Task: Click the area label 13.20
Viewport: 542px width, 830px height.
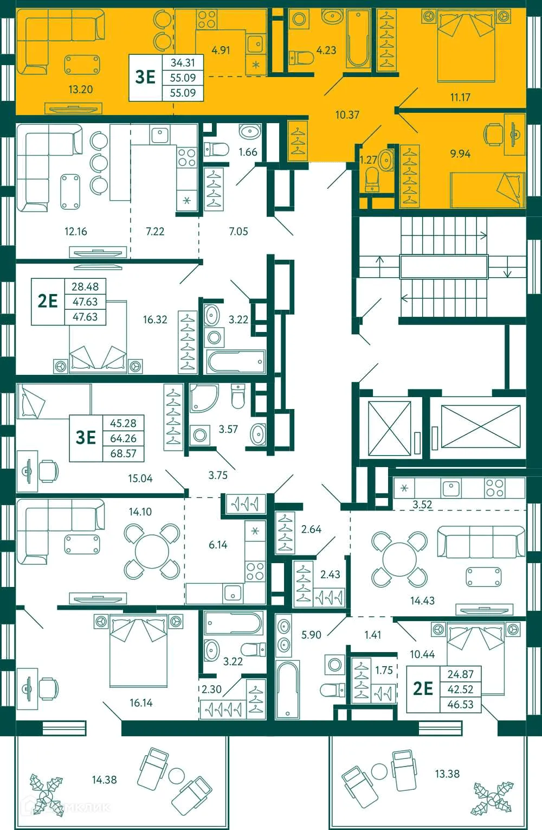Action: [80, 90]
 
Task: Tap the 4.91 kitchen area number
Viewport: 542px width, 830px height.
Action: [221, 50]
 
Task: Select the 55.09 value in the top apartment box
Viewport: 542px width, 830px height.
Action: [183, 78]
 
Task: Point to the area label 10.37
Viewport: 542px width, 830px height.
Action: [347, 114]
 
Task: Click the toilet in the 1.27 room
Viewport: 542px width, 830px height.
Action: [372, 178]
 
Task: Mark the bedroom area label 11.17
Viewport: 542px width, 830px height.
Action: [460, 98]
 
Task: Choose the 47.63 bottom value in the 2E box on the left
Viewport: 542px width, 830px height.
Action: [85, 317]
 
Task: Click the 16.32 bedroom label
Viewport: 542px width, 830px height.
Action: [155, 320]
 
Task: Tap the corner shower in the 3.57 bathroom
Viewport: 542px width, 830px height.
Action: [203, 399]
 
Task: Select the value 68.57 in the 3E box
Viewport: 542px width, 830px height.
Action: [123, 454]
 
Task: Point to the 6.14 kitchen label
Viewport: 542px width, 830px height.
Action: [218, 545]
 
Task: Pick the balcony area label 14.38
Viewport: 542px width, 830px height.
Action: [104, 780]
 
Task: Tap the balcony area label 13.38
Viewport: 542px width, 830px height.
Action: [447, 774]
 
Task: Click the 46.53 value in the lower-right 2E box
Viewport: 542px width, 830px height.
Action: [460, 704]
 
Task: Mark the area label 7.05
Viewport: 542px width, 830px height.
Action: [238, 232]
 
